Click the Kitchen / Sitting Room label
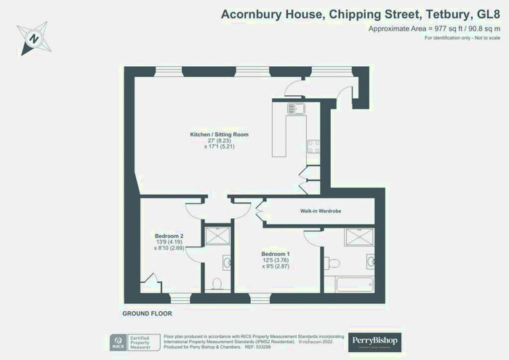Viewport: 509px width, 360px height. point(219,135)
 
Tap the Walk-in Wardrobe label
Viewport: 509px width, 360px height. point(321,211)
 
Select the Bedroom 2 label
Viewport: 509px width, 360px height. point(169,236)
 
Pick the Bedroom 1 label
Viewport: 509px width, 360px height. point(276,254)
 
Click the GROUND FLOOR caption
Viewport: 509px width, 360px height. point(146,313)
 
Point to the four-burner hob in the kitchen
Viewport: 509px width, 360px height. point(313,145)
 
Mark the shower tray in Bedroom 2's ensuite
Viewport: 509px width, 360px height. point(216,236)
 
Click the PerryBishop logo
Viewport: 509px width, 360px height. point(374,340)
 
